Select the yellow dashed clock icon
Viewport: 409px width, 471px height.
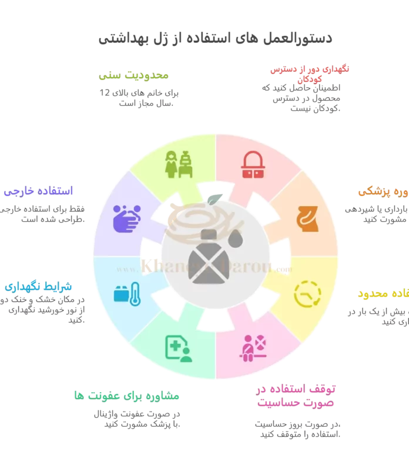click(x=307, y=293)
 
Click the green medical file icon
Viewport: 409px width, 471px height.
click(x=178, y=348)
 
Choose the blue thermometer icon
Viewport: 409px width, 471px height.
click(x=126, y=293)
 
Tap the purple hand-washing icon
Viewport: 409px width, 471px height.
click(x=126, y=218)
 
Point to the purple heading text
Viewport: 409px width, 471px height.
click(x=38, y=192)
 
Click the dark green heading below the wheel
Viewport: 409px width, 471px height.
click(x=126, y=395)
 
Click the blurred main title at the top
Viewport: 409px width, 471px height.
click(x=213, y=39)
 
